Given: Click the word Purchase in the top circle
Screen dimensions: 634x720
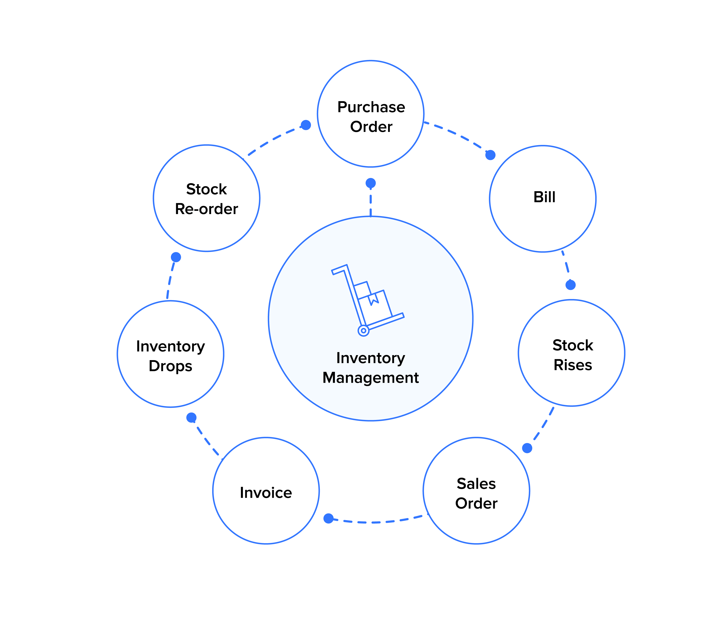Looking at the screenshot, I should (x=371, y=107).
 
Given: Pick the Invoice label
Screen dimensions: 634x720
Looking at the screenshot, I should (x=266, y=493).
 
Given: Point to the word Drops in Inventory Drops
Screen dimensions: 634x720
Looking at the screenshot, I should (x=170, y=366).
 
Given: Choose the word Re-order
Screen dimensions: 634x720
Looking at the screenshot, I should (x=206, y=209).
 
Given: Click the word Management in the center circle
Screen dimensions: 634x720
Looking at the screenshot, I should (x=370, y=378).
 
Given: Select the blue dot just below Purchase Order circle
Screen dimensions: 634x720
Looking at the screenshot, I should (x=370, y=183).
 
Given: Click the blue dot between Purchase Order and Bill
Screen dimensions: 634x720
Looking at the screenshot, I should (x=490, y=155).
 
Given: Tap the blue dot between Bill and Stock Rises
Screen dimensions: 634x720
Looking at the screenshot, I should (x=570, y=285).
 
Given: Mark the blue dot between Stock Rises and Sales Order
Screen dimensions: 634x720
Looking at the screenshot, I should (x=527, y=448).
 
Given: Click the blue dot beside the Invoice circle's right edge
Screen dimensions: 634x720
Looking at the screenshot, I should (x=328, y=519).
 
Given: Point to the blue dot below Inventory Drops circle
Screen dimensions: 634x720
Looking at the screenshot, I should (x=191, y=418).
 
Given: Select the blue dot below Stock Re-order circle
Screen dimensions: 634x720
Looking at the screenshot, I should (x=176, y=257).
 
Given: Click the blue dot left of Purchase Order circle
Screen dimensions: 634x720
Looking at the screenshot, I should (x=306, y=125).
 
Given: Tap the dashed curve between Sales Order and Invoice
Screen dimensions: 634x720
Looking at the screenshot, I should (x=377, y=522).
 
